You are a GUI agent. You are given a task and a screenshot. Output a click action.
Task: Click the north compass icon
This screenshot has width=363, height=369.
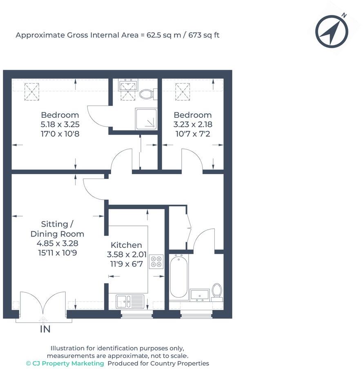coord(332,31)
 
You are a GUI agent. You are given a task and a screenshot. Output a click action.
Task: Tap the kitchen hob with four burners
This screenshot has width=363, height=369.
coord(156,261)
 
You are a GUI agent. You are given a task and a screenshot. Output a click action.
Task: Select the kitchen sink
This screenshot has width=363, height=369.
coord(130,301)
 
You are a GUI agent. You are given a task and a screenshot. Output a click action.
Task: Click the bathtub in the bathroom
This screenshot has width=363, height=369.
coord(179,276)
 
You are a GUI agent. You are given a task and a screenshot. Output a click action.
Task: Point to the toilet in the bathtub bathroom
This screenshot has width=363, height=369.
coord(217,291)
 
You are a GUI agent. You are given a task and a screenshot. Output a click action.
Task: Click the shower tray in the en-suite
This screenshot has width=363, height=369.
coord(146,118)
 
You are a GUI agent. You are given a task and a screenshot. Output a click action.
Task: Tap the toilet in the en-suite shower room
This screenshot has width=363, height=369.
coord(146,95)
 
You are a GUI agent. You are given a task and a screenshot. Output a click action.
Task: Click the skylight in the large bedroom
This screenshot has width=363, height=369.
coord(30,91)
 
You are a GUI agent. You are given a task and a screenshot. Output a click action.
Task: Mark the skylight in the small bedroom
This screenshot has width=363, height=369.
coord(182,91)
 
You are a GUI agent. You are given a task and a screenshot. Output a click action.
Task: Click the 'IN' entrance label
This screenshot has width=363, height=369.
coord(45,329)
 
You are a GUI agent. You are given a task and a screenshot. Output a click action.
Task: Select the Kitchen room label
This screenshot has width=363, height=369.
coord(127,245)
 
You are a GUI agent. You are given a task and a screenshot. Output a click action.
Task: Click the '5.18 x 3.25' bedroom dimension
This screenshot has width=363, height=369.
coord(60,124)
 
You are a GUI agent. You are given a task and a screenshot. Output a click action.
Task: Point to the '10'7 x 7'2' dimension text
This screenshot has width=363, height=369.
coord(192,134)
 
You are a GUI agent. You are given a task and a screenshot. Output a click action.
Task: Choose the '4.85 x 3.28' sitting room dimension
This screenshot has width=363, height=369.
coord(57,243)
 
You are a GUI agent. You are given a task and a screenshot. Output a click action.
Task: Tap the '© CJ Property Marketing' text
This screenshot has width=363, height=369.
coord(65,363)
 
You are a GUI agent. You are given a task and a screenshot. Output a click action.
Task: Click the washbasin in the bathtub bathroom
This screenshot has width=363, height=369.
coord(200,294)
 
